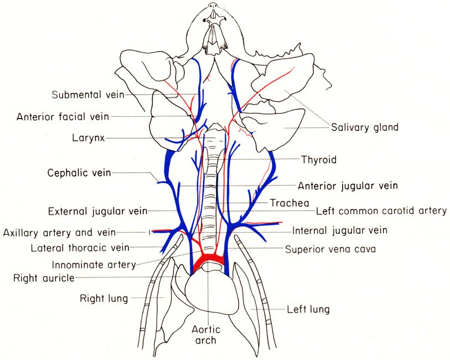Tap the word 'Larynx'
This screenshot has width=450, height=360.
[88, 137]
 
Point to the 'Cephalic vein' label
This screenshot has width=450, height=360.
[79, 172]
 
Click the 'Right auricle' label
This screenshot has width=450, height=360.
[45, 277]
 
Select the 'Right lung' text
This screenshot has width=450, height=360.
[104, 299]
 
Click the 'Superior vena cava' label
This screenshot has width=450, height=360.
[330, 249]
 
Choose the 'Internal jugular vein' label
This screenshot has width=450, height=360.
[340, 230]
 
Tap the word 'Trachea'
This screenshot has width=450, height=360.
[289, 203]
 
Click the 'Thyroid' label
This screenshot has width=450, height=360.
[319, 160]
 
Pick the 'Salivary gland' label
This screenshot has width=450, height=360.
[365, 127]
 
